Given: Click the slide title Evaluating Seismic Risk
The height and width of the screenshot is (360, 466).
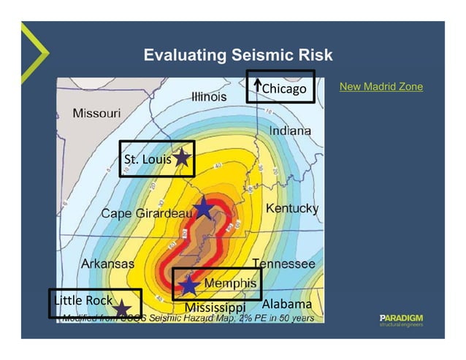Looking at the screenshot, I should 237,55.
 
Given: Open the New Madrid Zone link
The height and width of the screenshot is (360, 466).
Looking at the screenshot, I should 381,87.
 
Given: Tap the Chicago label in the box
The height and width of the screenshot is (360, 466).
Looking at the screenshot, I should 284,89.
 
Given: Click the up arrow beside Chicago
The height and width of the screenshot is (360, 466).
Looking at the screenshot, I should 257,88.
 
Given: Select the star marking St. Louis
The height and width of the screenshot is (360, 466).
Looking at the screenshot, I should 182,157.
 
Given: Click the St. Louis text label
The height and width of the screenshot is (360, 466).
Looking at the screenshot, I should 148,159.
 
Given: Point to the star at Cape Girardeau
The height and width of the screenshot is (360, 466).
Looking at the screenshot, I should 203,209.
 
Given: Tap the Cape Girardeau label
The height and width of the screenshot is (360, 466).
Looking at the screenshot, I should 146,213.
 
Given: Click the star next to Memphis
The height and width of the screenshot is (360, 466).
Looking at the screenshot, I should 189,285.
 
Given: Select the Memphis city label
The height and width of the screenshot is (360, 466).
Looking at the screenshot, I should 230,283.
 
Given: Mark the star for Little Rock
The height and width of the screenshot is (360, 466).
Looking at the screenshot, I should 122,310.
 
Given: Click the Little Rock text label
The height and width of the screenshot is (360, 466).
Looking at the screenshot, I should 83,300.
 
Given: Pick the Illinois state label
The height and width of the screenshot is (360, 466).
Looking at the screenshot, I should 208,96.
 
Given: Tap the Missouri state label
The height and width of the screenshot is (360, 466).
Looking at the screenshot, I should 96,113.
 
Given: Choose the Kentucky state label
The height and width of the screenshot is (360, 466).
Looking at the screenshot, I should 291,208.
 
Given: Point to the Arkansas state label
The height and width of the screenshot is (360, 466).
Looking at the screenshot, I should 107,263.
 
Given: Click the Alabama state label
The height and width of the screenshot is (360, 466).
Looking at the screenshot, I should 286,303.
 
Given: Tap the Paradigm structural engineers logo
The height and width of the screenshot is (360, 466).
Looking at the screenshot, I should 401,320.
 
